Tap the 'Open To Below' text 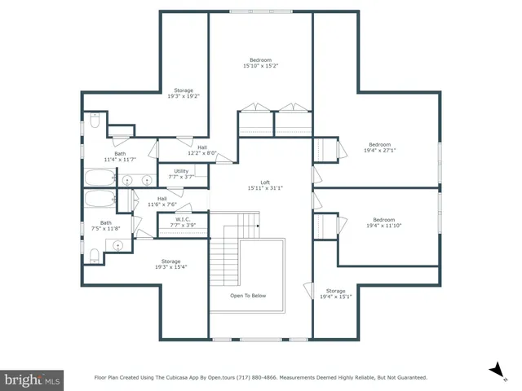[x=247, y=296]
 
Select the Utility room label [x=180, y=171]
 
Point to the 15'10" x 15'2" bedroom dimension [x=260, y=67]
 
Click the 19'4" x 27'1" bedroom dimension [x=379, y=150]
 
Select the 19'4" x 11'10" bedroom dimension [x=383, y=225]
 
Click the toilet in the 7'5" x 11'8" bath [x=95, y=257]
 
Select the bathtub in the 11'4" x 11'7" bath [x=101, y=178]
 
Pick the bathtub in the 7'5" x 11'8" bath [x=100, y=200]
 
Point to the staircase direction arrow [x=257, y=225]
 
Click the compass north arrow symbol [x=494, y=371]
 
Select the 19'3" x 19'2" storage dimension [x=184, y=96]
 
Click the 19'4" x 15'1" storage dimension [x=337, y=297]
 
